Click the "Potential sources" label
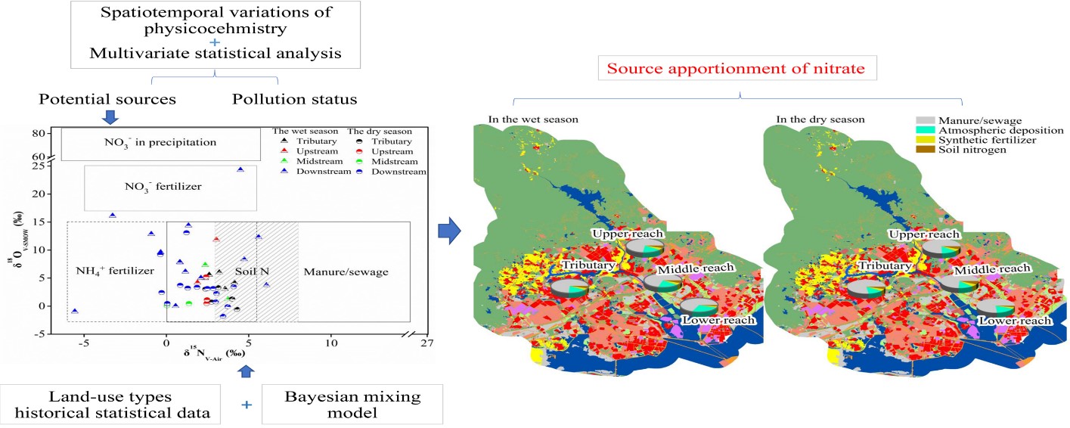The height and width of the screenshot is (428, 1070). coord(107,99)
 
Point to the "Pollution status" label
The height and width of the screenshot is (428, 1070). coord(295,99)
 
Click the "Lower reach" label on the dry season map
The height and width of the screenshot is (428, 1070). coord(1014,321)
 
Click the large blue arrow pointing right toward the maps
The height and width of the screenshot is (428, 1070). coord(451,231)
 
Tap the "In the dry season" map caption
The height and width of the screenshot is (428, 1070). coord(820,119)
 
